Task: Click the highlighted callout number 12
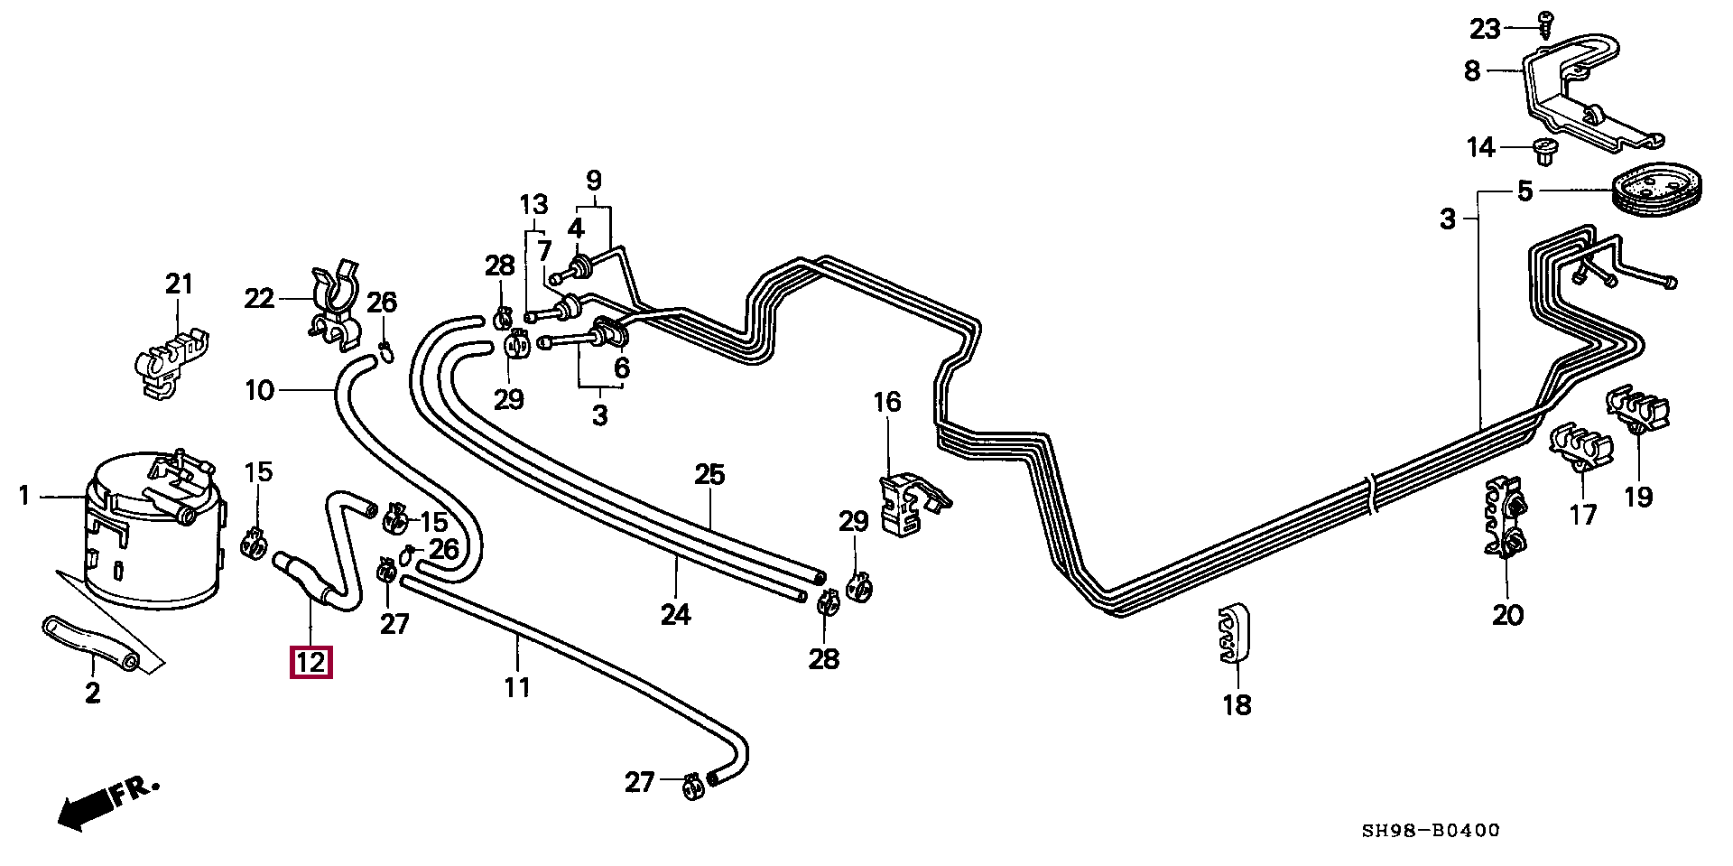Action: click(310, 663)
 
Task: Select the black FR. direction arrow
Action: click(85, 809)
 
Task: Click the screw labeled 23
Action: click(1546, 23)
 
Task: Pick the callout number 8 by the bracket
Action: click(1472, 70)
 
